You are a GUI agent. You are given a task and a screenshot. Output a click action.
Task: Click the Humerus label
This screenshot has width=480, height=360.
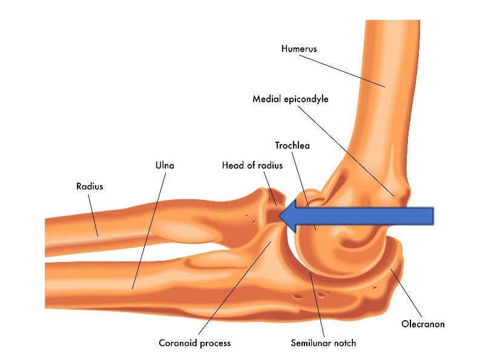(x=299, y=48)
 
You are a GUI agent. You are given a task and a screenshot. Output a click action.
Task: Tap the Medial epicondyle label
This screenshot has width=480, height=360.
(x=290, y=98)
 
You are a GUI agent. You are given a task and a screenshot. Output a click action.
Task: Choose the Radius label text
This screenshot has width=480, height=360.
(x=90, y=186)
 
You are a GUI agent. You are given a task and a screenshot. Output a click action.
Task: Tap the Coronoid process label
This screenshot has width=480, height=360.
(x=194, y=343)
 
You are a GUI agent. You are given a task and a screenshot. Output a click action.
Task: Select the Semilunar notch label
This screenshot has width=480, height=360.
(x=323, y=343)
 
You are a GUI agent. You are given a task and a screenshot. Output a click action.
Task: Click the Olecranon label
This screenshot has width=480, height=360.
(x=423, y=324)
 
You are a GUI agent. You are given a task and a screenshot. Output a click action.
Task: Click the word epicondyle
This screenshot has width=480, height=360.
(x=306, y=98)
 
